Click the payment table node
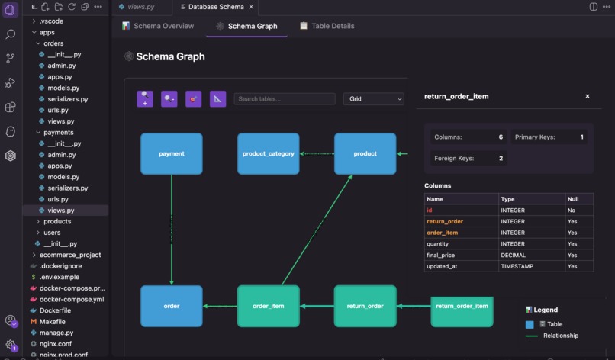pos(171,153)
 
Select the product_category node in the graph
pos(268,153)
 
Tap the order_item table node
pos(268,306)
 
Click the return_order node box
pos(365,306)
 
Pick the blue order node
pos(171,306)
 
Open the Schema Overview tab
pos(158,26)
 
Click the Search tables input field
pos(285,99)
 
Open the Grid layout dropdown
pos(373,99)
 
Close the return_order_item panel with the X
pos(587,97)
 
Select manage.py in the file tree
pos(57,333)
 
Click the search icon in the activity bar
pos(11,34)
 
